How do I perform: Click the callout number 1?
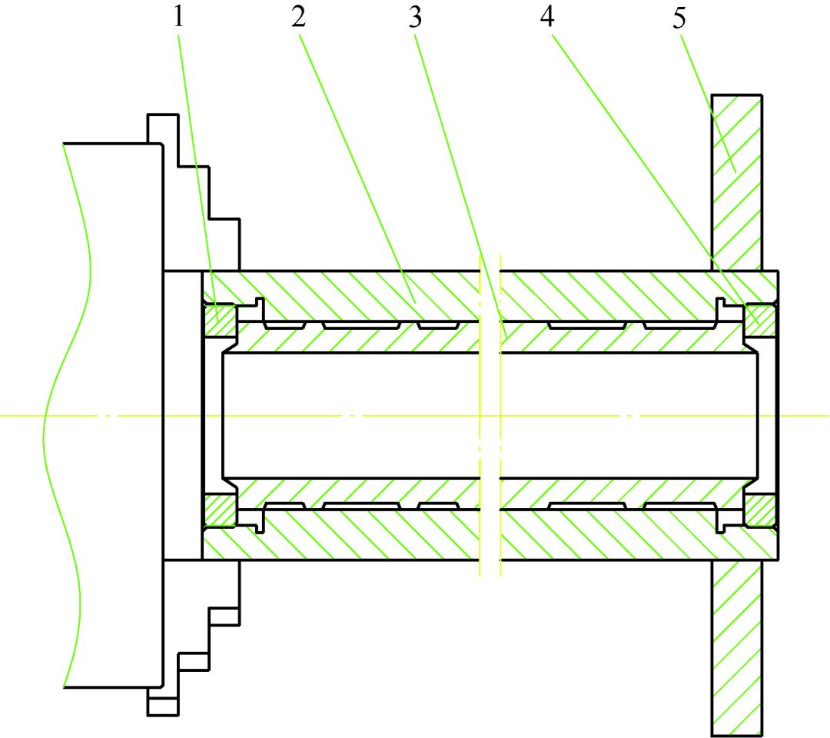(x=179, y=18)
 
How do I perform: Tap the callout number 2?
(x=298, y=18)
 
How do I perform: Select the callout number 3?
(x=416, y=18)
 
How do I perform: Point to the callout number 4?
(x=547, y=18)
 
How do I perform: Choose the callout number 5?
(x=679, y=18)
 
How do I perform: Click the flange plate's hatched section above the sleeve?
(x=736, y=181)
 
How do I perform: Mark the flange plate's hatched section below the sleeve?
(x=736, y=646)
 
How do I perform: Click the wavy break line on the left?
(x=69, y=415)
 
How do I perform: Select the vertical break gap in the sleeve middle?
(x=490, y=415)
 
